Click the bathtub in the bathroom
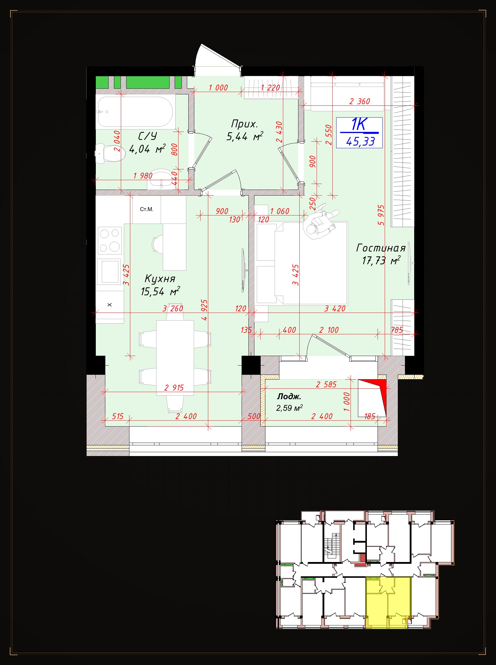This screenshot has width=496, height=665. [135, 112]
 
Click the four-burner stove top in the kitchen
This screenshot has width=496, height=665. [110, 241]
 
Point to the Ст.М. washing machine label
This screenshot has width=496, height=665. [146, 209]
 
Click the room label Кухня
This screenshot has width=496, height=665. [160, 278]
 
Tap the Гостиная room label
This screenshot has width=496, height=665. [381, 248]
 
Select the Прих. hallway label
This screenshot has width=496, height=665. [244, 124]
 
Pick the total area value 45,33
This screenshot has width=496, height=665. [360, 141]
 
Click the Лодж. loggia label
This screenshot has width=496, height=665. [289, 396]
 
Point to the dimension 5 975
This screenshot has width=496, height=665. [381, 215]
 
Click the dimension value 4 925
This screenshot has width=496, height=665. [204, 310]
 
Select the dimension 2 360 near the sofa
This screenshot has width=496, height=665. [359, 102]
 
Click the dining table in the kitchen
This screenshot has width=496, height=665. [175, 358]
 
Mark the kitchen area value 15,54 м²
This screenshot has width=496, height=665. [160, 291]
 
